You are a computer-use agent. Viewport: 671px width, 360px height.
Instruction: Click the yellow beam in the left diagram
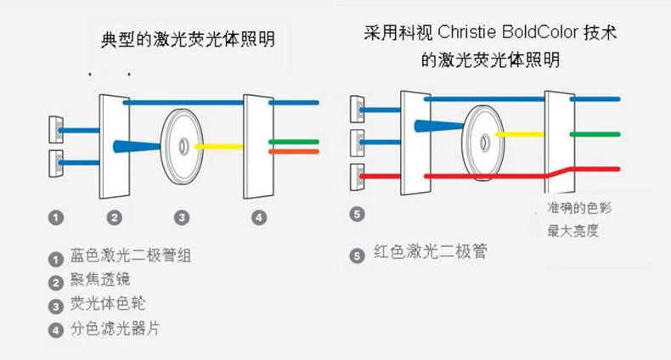(x=218, y=146)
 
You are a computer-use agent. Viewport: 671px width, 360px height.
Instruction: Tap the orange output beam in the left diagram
(x=293, y=151)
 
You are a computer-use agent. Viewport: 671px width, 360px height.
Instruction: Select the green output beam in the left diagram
(x=293, y=141)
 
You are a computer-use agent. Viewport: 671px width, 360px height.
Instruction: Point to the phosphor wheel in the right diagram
(x=482, y=135)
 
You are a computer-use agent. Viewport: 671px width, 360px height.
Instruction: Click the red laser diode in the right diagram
(x=358, y=177)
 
